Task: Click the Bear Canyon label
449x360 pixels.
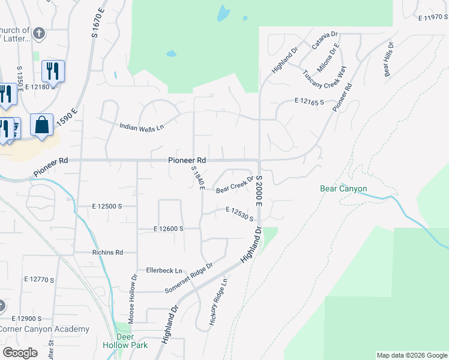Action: (x=343, y=189)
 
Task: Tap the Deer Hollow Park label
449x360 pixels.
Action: (x=132, y=341)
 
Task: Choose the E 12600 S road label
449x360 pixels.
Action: (x=168, y=229)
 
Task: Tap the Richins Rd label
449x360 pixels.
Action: (x=107, y=253)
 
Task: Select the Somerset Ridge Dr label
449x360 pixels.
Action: (x=189, y=280)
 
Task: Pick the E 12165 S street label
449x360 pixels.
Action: (x=309, y=103)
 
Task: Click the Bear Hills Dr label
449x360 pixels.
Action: (x=388, y=59)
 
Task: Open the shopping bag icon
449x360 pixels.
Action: (x=42, y=125)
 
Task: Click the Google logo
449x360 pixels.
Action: (x=20, y=353)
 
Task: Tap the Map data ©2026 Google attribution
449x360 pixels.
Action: (x=411, y=355)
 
